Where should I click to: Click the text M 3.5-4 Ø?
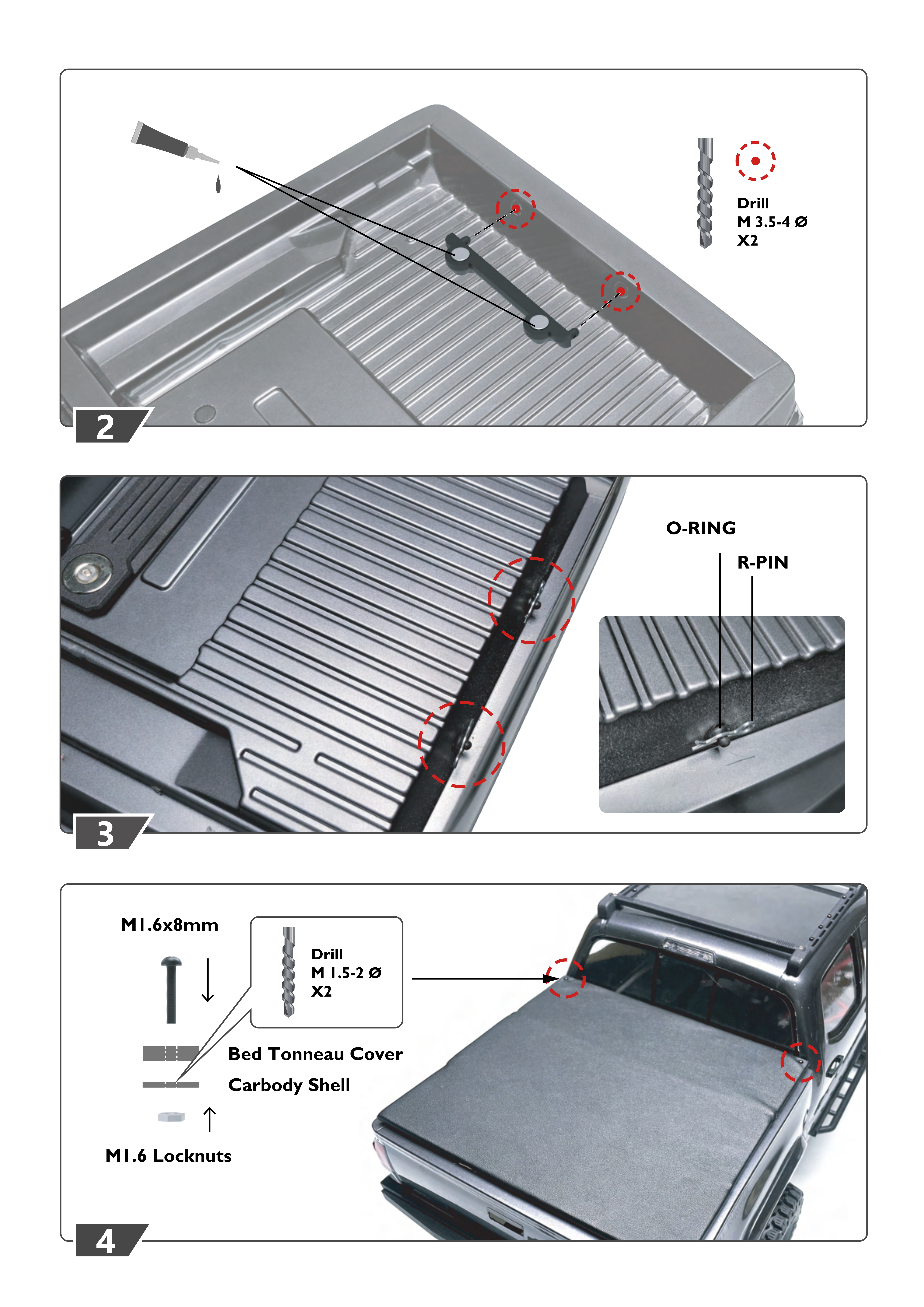772,222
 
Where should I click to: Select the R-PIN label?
763,562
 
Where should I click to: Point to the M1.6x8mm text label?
170,925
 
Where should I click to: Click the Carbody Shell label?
289,1085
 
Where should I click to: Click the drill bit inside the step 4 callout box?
289,972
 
